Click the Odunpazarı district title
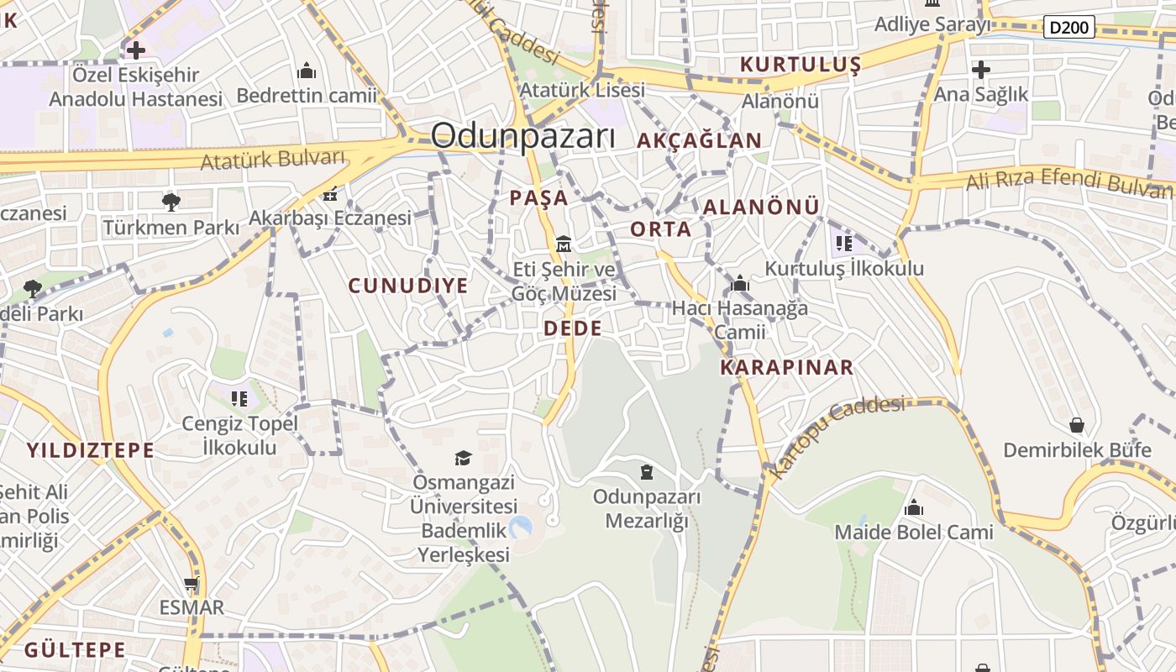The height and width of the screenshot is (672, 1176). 522,136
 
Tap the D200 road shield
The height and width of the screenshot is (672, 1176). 1069,27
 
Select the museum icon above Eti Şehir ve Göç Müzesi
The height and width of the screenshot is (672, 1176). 563,244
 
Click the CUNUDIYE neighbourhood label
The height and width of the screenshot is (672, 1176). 408,286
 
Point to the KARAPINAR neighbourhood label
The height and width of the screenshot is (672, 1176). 786,367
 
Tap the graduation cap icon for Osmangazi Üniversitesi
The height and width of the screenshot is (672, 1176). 463,458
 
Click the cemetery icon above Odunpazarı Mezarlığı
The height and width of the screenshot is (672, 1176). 646,472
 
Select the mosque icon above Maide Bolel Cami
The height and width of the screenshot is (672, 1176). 913,508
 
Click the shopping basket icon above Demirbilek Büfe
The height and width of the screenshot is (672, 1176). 1076,426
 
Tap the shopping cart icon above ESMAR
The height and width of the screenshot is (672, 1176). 192,584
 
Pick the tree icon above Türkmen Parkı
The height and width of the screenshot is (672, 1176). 171,202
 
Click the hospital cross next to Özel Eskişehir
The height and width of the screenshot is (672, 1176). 135,50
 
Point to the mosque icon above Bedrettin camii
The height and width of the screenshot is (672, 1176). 307,71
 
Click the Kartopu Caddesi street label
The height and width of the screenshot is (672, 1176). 837,438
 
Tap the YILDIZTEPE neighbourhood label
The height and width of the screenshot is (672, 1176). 90,450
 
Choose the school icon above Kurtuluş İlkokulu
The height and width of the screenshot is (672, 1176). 843,244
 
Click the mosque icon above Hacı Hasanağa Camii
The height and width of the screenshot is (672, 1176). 740,284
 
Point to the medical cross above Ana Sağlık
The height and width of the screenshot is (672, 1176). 980,70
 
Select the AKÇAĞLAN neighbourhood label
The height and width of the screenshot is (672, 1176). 699,140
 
